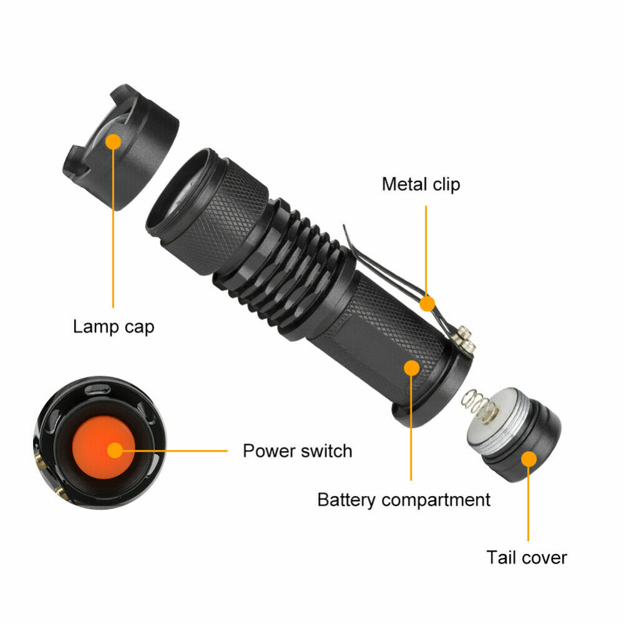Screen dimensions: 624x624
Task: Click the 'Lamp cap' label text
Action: pyautogui.click(x=113, y=326)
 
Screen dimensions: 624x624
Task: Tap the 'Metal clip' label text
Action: pyautogui.click(x=421, y=184)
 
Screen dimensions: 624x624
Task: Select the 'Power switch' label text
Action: pyautogui.click(x=297, y=451)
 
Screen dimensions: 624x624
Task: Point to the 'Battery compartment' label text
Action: pyautogui.click(x=404, y=500)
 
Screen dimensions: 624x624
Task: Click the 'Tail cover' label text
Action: pyautogui.click(x=527, y=557)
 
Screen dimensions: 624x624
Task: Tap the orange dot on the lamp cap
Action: pyautogui.click(x=113, y=142)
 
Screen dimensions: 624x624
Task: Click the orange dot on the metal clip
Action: pyautogui.click(x=426, y=304)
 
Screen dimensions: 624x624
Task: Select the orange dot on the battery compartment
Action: pyautogui.click(x=411, y=368)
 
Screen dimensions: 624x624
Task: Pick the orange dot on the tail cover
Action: pyautogui.click(x=529, y=459)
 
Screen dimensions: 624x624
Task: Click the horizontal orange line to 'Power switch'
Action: pyautogui.click(x=181, y=451)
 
